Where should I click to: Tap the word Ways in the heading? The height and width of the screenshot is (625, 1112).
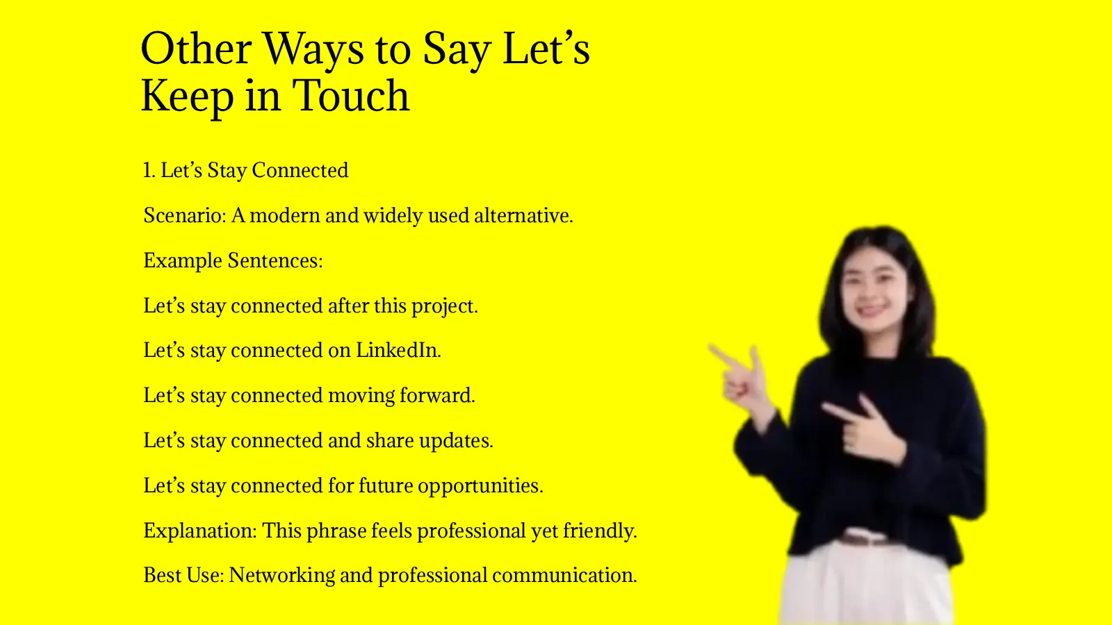[313, 50]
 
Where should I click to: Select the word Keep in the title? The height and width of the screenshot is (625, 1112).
[187, 96]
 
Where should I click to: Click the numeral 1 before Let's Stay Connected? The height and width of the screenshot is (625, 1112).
[147, 170]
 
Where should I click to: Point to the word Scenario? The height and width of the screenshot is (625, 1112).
[184, 215]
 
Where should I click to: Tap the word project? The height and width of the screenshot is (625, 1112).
[443, 306]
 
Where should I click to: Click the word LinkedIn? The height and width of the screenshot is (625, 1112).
[398, 350]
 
